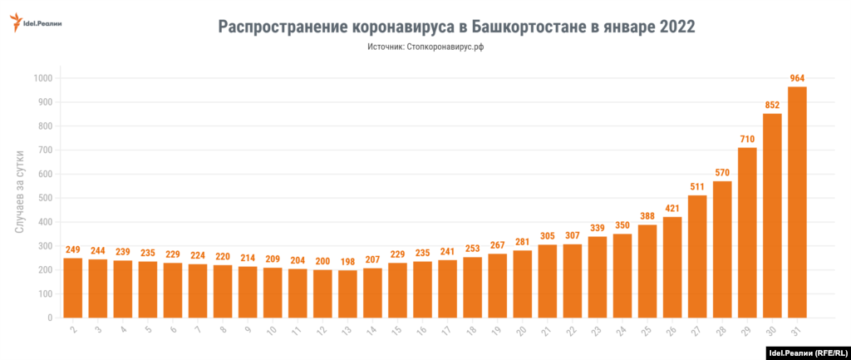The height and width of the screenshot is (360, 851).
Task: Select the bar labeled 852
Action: pyautogui.click(x=772, y=215)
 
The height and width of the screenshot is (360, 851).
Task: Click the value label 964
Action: pyautogui.click(x=798, y=79)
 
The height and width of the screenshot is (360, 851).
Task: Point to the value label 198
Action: pyautogui.click(x=347, y=262)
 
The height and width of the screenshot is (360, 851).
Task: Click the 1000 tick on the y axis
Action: pyautogui.click(x=42, y=78)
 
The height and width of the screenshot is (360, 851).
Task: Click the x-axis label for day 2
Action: pyautogui.click(x=73, y=331)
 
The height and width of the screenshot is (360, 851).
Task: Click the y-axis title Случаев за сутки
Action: pyautogui.click(x=19, y=197)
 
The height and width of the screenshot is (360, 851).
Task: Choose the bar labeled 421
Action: pyautogui.click(x=672, y=267)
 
